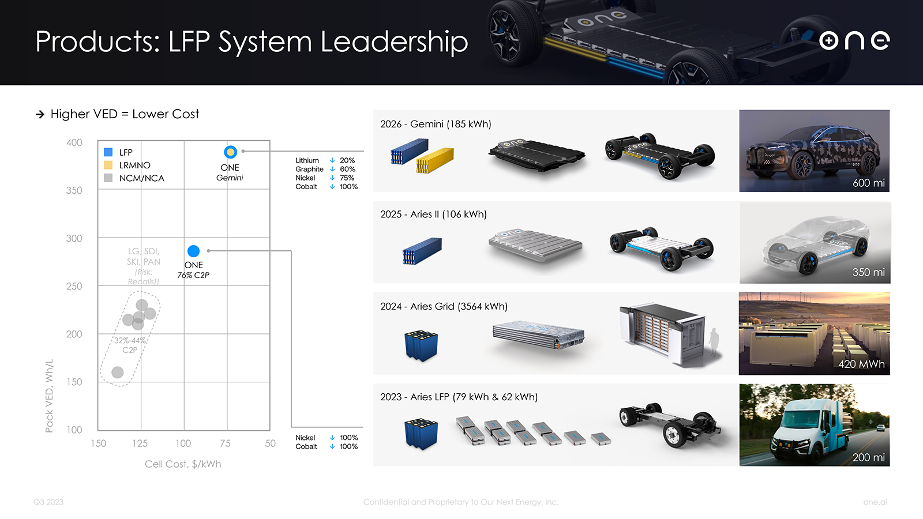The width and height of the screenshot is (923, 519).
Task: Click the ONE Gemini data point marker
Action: pos(230,152)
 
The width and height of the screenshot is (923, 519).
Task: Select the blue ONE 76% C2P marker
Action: pos(193,251)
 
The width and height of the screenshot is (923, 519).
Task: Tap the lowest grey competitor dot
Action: pos(117,372)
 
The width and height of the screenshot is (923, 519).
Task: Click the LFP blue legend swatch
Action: pos(108,152)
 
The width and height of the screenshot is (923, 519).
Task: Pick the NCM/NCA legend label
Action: pos(141,178)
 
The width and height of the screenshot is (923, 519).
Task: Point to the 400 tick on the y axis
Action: pos(74,142)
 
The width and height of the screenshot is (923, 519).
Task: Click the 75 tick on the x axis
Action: pos(225,443)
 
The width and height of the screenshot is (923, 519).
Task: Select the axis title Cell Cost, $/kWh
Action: pos(183,464)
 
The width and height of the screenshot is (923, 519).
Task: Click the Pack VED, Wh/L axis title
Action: pos(49,396)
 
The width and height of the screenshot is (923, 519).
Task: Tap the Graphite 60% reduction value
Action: pos(347,169)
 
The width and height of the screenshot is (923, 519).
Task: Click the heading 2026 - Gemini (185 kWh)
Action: pos(436,124)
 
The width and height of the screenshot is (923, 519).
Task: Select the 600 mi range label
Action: pos(868,183)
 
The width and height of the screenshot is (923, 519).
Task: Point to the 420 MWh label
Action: pos(861,364)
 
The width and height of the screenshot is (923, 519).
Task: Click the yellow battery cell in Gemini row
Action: pos(436,160)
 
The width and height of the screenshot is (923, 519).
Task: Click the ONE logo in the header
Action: pos(854,40)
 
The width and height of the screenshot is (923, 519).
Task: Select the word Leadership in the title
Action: pos(394,42)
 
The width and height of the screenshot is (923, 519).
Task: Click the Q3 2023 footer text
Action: pos(48,502)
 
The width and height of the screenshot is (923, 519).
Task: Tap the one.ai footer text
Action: pos(875,502)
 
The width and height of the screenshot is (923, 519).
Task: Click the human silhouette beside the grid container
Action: pos(714,345)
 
